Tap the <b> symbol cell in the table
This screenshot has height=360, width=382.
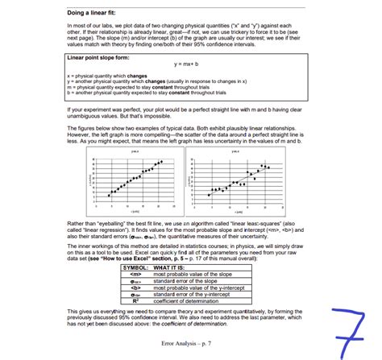(x=135, y=288)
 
